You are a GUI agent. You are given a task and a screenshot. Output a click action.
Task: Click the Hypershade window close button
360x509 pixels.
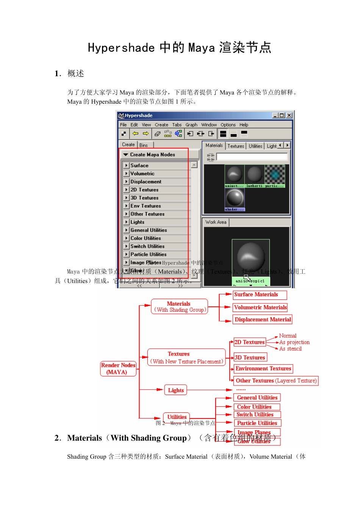tap(289, 116)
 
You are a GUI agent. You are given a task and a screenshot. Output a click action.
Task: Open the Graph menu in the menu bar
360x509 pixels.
tap(191, 125)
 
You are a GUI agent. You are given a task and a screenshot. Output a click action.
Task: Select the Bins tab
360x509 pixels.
tap(144, 145)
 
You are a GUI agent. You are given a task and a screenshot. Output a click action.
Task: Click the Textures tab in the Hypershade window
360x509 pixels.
tap(236, 146)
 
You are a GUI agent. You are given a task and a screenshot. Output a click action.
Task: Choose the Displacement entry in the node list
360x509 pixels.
tap(146, 182)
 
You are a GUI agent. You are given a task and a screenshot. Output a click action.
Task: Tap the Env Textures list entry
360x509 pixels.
tap(146, 206)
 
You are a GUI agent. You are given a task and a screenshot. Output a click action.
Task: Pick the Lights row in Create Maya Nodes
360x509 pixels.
tap(138, 222)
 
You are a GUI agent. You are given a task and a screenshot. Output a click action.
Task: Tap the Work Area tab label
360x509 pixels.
tap(216, 222)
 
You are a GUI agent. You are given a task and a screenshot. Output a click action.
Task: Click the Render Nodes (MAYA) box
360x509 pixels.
tap(118, 368)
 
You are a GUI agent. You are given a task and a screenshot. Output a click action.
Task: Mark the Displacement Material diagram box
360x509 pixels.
tap(263, 320)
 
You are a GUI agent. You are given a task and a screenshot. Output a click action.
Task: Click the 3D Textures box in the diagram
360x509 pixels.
tap(250, 358)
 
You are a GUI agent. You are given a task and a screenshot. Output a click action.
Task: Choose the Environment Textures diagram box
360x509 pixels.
tap(263, 368)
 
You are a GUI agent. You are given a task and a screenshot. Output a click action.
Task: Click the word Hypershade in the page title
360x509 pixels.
tap(121, 48)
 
